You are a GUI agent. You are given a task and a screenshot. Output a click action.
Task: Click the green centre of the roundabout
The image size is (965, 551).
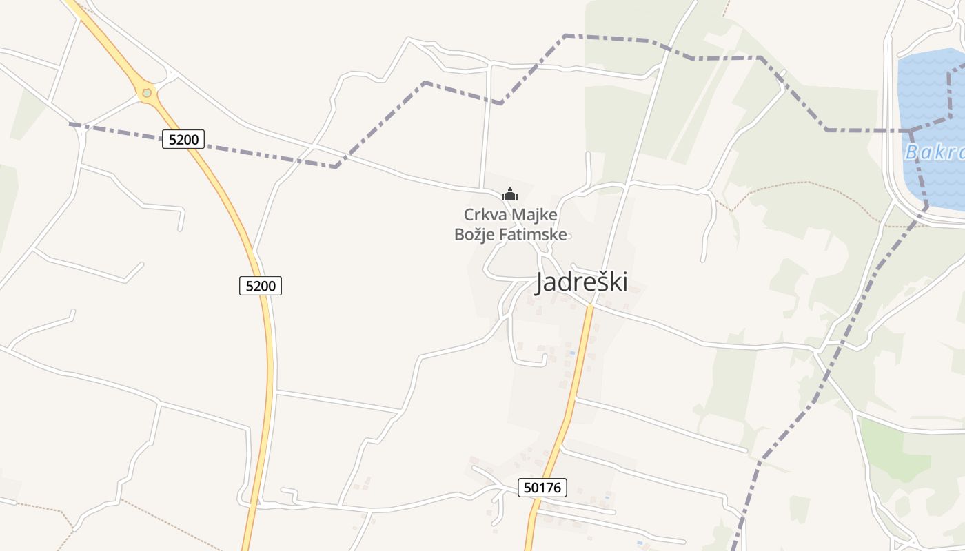[146, 92]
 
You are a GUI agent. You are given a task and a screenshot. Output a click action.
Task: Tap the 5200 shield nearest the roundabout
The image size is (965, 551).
[183, 139]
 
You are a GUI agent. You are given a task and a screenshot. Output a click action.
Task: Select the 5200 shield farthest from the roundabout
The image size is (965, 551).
[261, 285]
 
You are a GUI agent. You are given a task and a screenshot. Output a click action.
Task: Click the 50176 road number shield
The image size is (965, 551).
[542, 488]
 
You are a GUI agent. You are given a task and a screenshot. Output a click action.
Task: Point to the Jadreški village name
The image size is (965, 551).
[581, 282]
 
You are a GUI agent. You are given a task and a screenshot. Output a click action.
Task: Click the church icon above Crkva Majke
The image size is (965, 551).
[510, 194]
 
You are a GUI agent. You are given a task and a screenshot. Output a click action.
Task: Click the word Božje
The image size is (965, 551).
[472, 234]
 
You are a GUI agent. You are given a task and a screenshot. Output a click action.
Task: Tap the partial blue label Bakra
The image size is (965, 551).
[934, 152]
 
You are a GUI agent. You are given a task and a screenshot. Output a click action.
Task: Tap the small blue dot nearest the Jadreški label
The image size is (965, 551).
[571, 353]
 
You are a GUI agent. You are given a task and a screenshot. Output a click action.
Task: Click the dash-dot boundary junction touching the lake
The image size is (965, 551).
[911, 129]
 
